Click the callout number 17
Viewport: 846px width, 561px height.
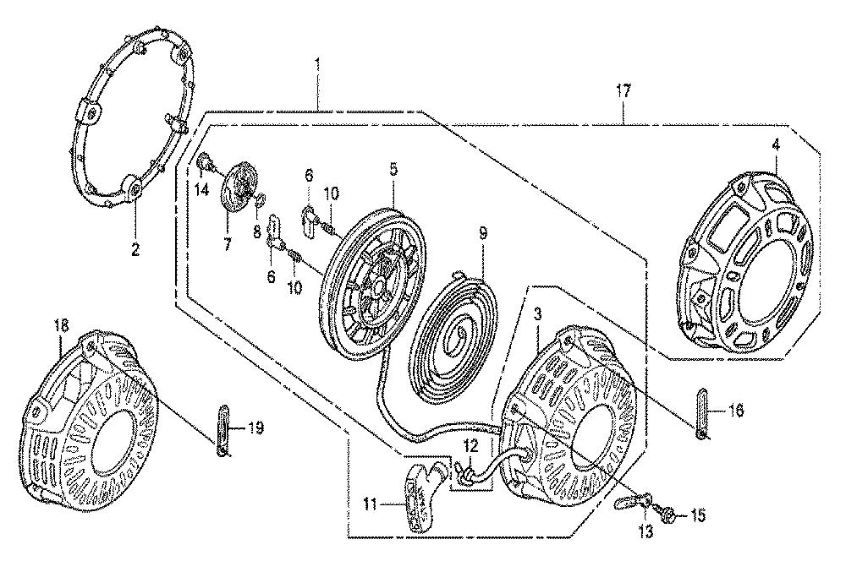tap(623, 91)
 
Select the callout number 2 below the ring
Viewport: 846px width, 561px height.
tap(135, 249)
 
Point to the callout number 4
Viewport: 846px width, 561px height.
tap(776, 144)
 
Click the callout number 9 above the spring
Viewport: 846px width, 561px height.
tap(483, 232)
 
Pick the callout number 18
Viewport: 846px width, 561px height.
tap(63, 325)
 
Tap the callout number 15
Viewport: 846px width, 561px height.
tap(698, 515)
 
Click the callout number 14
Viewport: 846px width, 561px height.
tap(202, 190)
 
